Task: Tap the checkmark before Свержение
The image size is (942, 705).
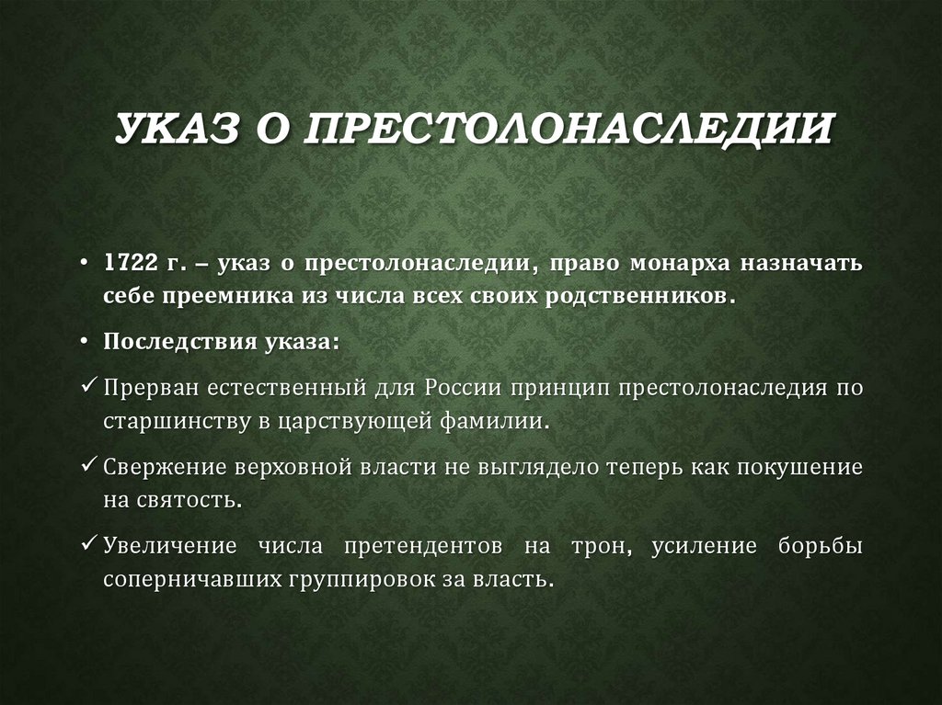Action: [x=88, y=465]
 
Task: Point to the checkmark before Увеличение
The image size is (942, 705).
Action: [x=88, y=545]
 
